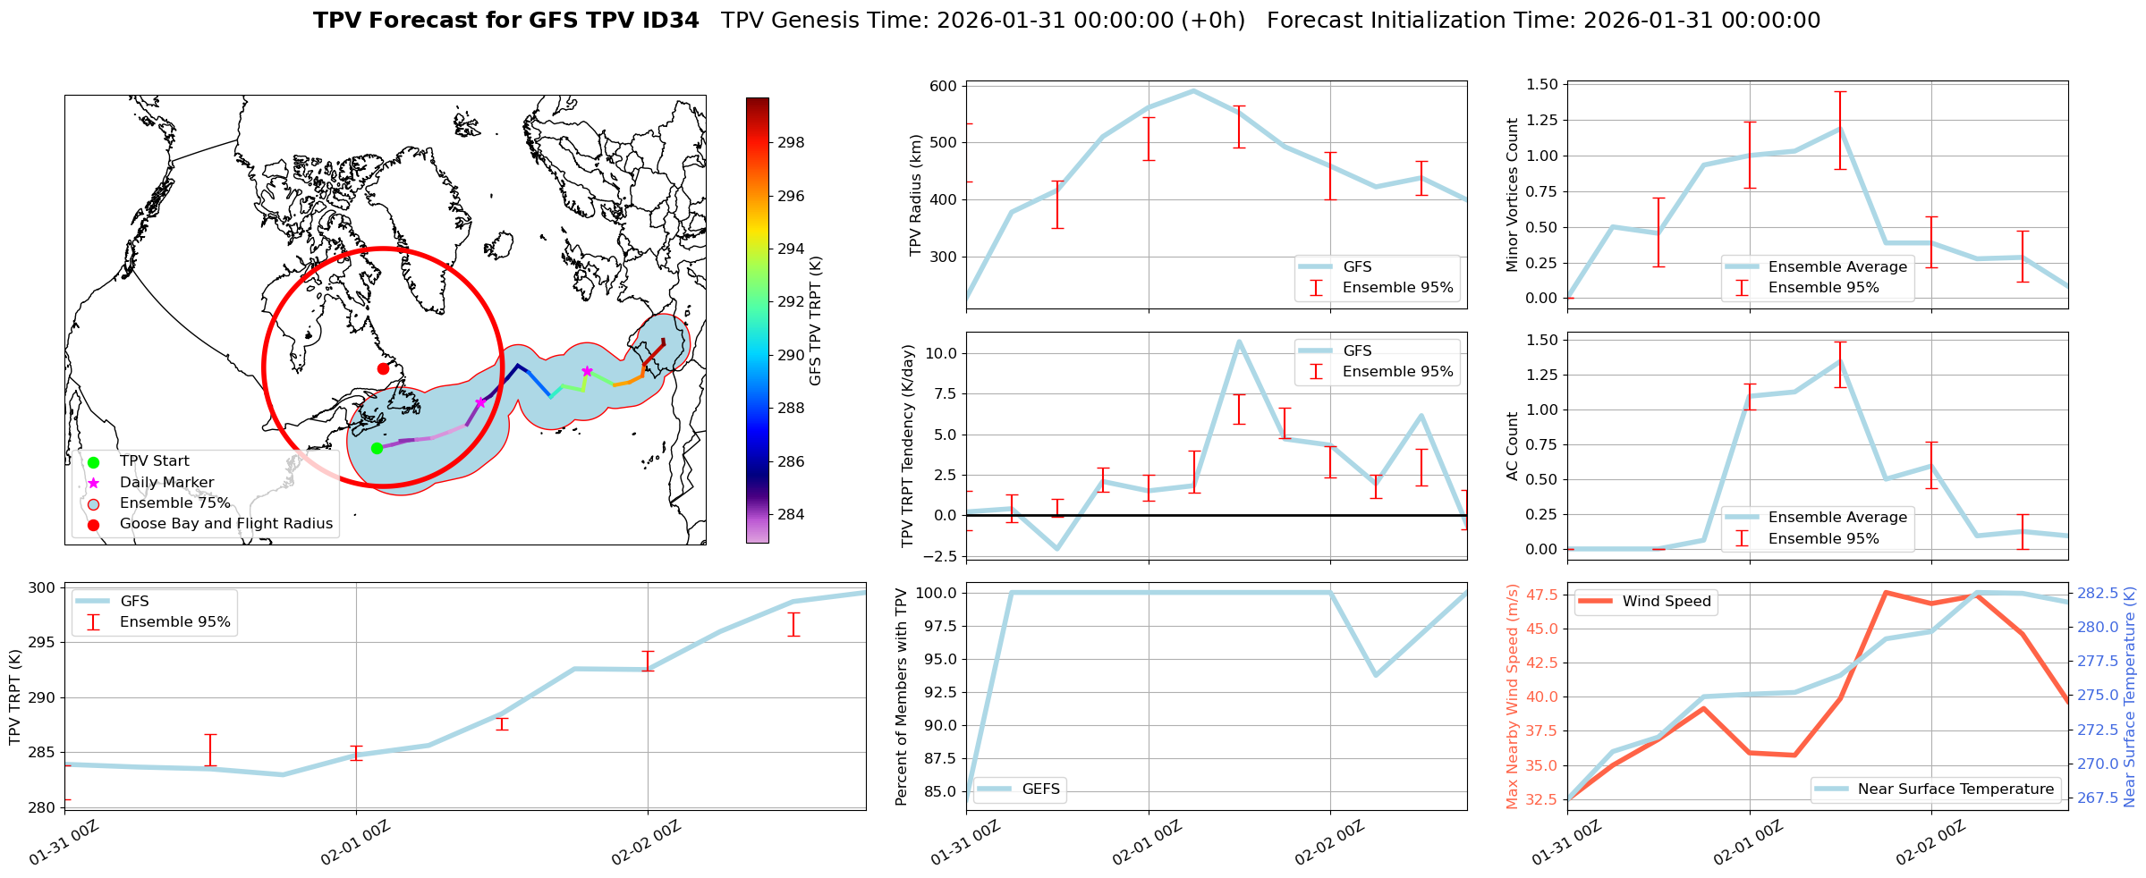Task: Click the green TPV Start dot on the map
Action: (377, 448)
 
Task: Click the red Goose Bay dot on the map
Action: (383, 368)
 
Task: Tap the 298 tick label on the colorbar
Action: (791, 142)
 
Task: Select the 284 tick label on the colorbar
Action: (791, 514)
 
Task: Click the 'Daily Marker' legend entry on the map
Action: (166, 482)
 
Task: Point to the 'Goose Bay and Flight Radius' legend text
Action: (225, 524)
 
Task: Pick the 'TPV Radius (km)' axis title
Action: (915, 195)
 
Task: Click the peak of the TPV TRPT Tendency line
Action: (1239, 341)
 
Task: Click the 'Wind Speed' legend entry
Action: (1667, 601)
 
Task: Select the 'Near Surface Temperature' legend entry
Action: (1955, 789)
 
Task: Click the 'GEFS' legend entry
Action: (1040, 789)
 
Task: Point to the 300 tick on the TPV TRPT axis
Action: (43, 587)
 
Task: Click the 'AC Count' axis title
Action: (1513, 446)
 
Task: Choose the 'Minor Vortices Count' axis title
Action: (1513, 195)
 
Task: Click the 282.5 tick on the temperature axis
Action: (2097, 593)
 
